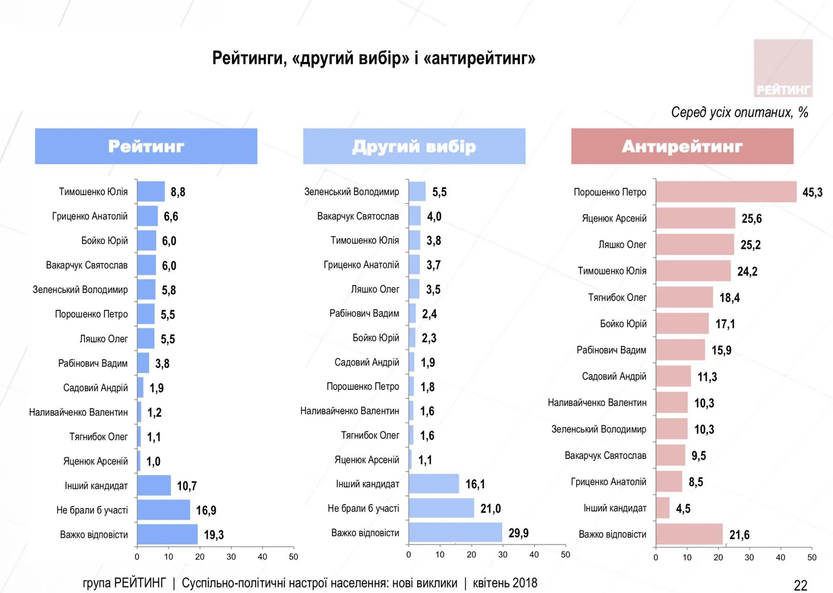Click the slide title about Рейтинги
pos(373,58)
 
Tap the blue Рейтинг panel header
pos(146,146)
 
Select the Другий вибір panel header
pos(414,146)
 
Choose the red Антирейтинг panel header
pos(682,146)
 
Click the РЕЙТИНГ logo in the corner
pos(783,68)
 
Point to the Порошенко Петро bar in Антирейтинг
pos(726,192)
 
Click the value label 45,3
pos(812,192)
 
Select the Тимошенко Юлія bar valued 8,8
pos(151,191)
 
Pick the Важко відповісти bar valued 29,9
pos(455,532)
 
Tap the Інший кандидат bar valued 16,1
pos(434,484)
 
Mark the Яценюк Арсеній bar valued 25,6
pos(696,218)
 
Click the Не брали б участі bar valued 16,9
pos(164,510)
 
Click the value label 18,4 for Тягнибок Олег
pos(729,298)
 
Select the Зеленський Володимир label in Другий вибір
pos(351,191)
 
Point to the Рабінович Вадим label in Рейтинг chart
pos(93,363)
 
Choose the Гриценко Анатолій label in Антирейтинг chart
pos(608,482)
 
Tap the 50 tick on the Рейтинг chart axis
pos(293,556)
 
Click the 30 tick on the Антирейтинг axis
pos(749,557)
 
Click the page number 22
pos(800,585)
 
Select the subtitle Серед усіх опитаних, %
pos(739,112)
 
